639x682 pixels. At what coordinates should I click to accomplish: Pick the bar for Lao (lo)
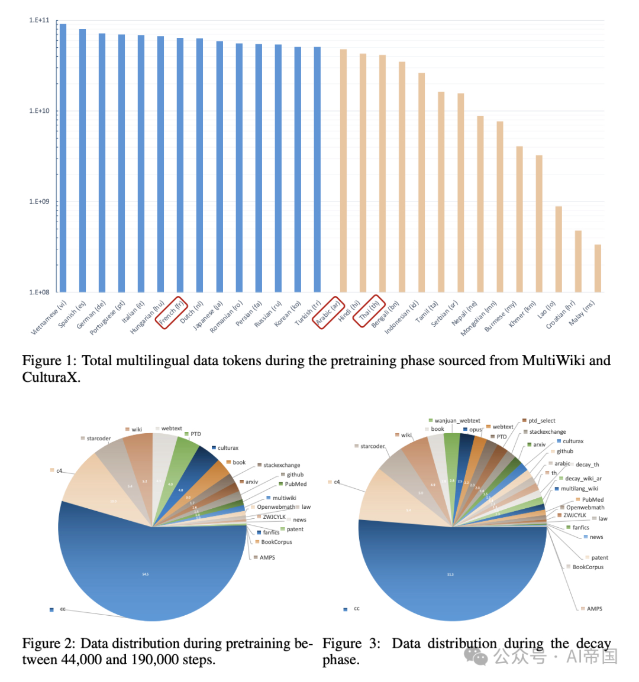click(559, 249)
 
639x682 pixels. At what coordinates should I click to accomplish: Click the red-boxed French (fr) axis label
click(171, 312)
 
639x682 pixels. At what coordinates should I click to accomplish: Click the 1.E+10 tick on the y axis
click(39, 111)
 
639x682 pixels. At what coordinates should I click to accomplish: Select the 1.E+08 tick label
click(39, 292)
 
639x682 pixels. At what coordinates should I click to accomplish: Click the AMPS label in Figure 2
click(267, 557)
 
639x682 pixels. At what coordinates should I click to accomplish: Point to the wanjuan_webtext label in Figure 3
click(457, 421)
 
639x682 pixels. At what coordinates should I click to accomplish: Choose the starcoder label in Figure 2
click(98, 439)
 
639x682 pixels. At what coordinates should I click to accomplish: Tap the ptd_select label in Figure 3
click(542, 421)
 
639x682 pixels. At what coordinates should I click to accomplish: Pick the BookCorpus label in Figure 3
click(588, 567)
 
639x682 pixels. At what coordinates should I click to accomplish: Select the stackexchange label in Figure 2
click(282, 465)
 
